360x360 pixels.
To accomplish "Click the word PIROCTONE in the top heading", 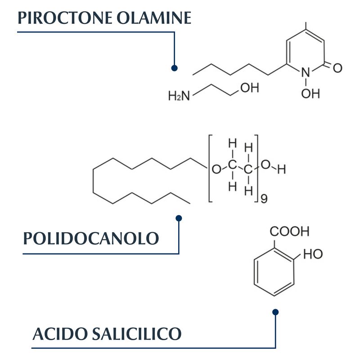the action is point(65,18).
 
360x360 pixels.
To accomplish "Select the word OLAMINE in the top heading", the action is point(154,18).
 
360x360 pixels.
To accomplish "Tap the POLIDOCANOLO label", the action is point(91,238).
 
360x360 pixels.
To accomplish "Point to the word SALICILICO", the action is point(137,333).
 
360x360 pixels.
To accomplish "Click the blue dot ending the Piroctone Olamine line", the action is point(174,68).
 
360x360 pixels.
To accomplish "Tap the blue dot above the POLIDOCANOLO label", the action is point(179,218).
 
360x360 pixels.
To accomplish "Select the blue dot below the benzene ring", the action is point(275,312).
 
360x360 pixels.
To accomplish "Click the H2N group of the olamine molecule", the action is point(179,95).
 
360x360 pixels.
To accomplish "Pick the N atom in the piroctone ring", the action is point(306,72).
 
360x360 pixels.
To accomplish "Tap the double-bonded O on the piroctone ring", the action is point(337,68).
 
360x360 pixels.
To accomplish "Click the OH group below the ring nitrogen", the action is point(310,94).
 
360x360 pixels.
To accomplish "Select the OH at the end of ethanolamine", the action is point(250,88).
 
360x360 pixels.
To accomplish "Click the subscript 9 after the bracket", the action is point(264,198).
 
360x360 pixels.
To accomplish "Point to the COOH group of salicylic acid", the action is point(289,231).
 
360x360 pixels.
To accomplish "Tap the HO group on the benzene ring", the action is point(313,254).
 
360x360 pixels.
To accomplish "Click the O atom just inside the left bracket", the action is point(216,169).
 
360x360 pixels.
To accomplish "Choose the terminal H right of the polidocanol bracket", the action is point(282,170).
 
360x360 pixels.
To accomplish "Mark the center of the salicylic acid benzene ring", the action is point(274,272).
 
